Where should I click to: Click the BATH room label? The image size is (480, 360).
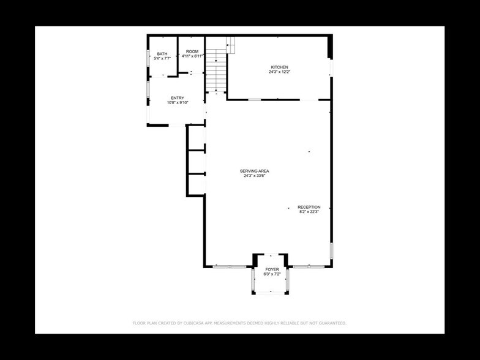162,54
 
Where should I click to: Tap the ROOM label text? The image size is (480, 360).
192,51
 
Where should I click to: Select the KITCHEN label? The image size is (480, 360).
279,67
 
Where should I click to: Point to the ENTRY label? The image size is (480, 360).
178,98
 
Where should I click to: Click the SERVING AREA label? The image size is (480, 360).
255,171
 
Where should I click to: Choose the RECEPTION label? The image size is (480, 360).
309,207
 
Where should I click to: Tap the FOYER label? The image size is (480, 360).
272,269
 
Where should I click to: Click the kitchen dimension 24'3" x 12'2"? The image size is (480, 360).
279,72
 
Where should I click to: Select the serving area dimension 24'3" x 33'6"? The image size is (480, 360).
255,176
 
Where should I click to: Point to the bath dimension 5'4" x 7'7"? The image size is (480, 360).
162,59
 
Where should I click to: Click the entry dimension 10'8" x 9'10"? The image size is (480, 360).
178,103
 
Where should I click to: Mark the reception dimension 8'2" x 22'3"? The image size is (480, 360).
309,212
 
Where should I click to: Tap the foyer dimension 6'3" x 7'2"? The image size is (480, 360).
272,274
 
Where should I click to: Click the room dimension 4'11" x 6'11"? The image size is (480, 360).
192,56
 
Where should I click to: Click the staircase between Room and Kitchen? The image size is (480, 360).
216,70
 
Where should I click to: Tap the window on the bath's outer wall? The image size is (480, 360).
148,58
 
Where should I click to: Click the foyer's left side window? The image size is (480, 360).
253,280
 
